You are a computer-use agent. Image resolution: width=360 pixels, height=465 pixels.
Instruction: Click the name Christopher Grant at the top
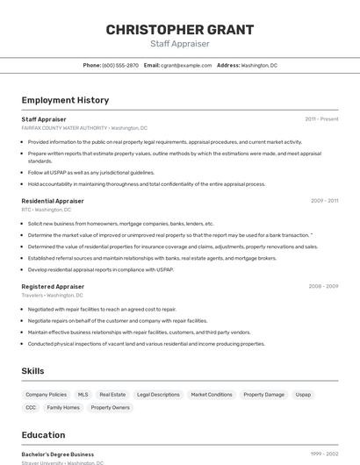179,30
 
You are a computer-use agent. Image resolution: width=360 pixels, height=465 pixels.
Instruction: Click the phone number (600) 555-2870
120,65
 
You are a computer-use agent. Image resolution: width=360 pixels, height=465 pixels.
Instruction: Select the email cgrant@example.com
186,65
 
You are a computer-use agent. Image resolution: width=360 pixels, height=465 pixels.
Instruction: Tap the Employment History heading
65,100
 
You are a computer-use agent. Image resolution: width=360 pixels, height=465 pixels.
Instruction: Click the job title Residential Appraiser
53,201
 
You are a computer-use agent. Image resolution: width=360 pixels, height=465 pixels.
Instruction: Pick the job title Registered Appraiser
53,286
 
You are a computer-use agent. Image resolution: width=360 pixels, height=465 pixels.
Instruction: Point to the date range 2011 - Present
321,119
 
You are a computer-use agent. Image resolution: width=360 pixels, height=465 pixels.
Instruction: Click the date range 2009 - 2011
324,201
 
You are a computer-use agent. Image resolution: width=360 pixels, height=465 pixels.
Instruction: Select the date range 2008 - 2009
323,286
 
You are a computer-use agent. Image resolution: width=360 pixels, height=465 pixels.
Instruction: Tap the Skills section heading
33,371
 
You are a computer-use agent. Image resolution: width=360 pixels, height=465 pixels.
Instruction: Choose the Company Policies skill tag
46,395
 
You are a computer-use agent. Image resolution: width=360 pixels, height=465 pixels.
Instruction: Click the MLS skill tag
83,395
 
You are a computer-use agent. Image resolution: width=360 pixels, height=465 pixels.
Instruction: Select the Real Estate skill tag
112,395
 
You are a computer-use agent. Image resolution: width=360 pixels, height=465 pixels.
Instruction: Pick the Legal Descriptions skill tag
158,395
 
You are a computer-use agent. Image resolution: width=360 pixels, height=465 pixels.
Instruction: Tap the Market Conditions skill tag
212,395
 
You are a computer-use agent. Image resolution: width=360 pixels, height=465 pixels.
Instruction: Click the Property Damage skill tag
263,395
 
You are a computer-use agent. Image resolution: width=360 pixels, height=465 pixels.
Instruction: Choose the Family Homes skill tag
63,407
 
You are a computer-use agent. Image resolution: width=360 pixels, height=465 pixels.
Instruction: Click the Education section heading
43,435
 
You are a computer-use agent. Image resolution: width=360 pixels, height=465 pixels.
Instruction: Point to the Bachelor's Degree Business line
58,454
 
